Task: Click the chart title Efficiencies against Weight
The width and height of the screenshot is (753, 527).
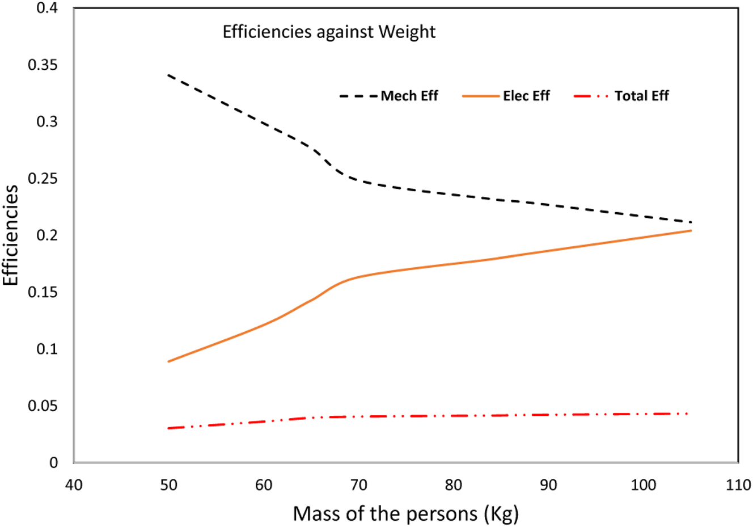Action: [329, 32]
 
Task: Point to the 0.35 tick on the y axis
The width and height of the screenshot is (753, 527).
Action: [43, 65]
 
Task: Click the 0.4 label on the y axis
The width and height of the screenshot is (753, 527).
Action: [48, 9]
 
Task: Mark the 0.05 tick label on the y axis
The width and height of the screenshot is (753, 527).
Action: [43, 406]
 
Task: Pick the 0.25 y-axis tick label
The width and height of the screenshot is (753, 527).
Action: [43, 179]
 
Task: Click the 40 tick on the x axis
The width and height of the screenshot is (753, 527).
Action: [74, 485]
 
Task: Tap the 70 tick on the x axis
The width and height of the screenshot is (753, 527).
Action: [359, 485]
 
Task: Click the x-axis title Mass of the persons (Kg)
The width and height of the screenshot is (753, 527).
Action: [405, 513]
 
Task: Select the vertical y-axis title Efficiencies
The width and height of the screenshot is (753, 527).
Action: [11, 235]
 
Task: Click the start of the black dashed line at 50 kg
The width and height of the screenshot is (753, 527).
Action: [169, 75]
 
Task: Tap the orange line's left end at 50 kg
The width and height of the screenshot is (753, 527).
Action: [169, 361]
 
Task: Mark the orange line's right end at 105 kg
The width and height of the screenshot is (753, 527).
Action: [691, 230]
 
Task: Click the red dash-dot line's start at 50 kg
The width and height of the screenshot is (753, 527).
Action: [169, 428]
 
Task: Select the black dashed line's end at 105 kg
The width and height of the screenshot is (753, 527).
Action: [691, 222]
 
